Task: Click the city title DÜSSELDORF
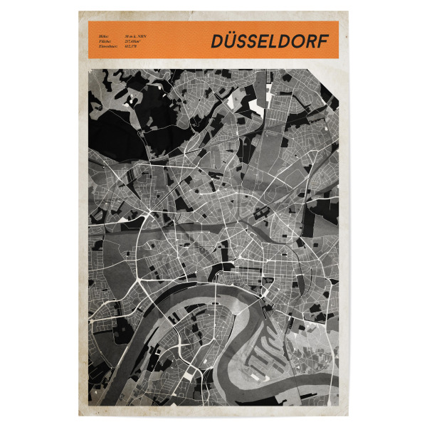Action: (270, 41)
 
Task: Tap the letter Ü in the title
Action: (232, 41)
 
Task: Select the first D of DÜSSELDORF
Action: (217, 42)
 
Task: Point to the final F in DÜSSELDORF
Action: (323, 42)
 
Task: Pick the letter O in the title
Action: (298, 42)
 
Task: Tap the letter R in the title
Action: (312, 42)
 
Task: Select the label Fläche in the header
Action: (95, 43)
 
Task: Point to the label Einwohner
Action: (97, 48)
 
